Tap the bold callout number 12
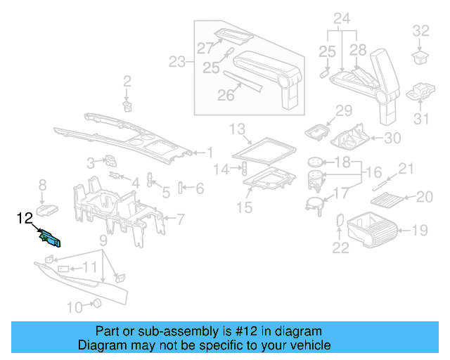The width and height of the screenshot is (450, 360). [x=24, y=219]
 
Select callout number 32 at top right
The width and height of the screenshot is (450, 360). [x=420, y=30]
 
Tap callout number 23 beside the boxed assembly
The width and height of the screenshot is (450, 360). [x=176, y=63]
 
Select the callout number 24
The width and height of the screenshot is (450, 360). [x=342, y=18]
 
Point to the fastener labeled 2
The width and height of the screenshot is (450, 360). [x=127, y=105]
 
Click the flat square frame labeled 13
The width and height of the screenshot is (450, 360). [x=264, y=147]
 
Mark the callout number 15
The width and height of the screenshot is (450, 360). [x=243, y=207]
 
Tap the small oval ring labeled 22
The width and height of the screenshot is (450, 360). [x=340, y=220]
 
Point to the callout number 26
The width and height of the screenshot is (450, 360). [x=225, y=95]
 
